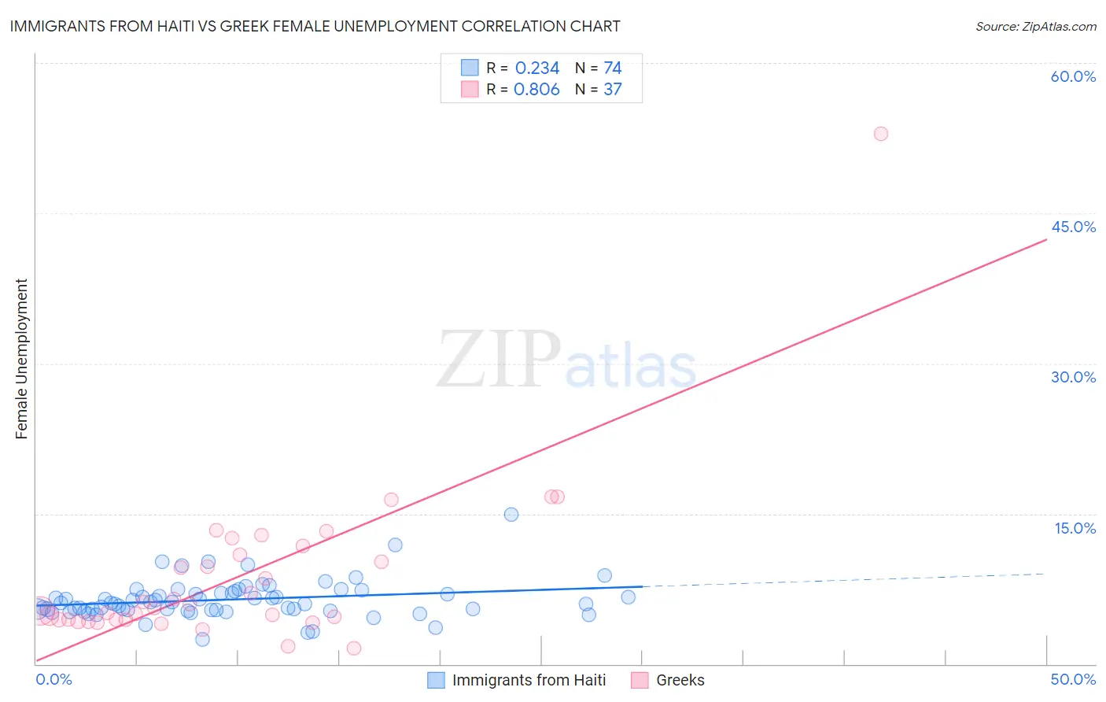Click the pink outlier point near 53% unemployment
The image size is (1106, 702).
[x=881, y=134]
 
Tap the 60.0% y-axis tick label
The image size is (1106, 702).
[x=1073, y=76]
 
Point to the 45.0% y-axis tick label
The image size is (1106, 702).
[x=1073, y=227]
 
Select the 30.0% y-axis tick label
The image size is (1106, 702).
[x=1073, y=377]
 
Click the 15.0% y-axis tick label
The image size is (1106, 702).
[x=1075, y=528]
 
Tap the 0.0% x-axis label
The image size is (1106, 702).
[x=53, y=679]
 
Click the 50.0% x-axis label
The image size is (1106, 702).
[x=1073, y=679]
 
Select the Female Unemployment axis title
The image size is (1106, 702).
[x=21, y=359]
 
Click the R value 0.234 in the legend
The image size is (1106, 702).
[x=536, y=68]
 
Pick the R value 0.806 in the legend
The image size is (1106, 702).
[x=536, y=90]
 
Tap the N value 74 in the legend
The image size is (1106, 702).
[x=613, y=68]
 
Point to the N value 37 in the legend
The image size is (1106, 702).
[x=613, y=90]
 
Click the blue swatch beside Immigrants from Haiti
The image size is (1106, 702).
[x=436, y=680]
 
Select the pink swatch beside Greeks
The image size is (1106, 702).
[x=640, y=680]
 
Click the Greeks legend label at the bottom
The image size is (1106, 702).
[x=680, y=680]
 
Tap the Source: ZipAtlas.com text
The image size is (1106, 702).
[x=1035, y=27]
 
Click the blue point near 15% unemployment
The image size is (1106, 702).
[x=511, y=515]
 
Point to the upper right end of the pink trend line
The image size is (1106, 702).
[x=1046, y=239]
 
